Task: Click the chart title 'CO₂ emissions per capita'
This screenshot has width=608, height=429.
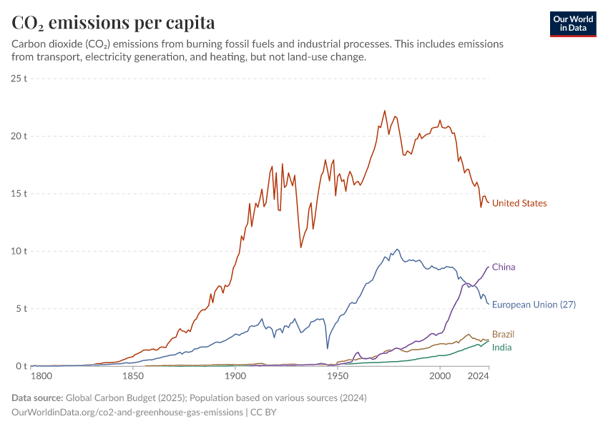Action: pyautogui.click(x=114, y=23)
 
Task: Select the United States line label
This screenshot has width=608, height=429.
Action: pyautogui.click(x=519, y=204)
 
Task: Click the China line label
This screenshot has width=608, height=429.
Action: pyautogui.click(x=504, y=267)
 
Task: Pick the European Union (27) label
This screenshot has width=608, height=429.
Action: pyautogui.click(x=534, y=305)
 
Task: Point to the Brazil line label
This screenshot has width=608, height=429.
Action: pyautogui.click(x=503, y=335)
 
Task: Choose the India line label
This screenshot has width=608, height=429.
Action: pyautogui.click(x=501, y=347)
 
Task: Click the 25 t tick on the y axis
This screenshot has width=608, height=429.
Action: pyautogui.click(x=19, y=78)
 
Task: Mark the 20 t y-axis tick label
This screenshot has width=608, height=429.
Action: pyautogui.click(x=19, y=136)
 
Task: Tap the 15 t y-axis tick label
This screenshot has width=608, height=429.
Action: pyautogui.click(x=19, y=194)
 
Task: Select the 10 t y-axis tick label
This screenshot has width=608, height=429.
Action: pyautogui.click(x=19, y=252)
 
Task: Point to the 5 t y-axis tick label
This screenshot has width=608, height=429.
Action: pyautogui.click(x=21, y=309)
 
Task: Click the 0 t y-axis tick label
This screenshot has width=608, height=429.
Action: pyautogui.click(x=21, y=367)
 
